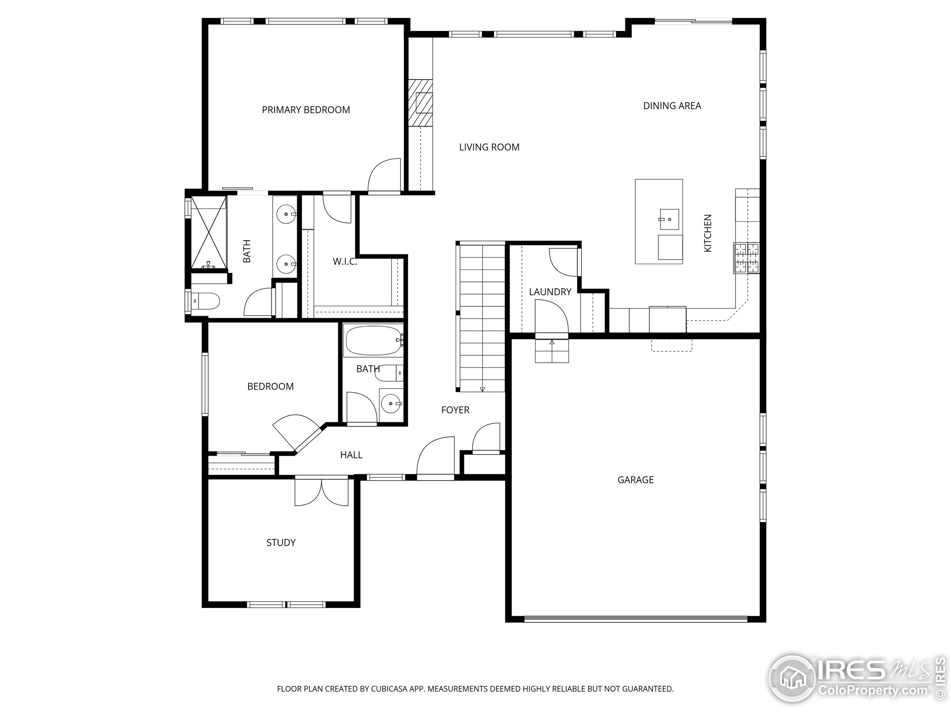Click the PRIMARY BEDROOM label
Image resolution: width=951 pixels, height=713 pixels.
pos(306,110)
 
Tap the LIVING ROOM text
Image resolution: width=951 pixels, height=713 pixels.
pos(489,147)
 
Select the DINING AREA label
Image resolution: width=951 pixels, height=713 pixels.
pos(672,106)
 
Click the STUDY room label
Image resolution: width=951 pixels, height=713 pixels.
pos(281,543)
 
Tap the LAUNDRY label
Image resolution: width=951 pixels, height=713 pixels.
pos(550,292)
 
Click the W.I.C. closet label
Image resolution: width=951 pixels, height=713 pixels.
pos(344,261)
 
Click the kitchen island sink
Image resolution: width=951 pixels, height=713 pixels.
pos(669,219)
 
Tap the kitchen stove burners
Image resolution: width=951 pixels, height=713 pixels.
pos(746,258)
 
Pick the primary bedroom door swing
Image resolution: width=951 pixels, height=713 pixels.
pos(384,175)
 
